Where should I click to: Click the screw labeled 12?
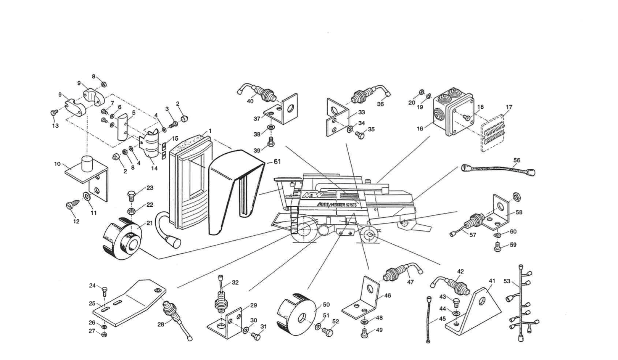[x=71, y=206]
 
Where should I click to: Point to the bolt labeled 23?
[x=131, y=198]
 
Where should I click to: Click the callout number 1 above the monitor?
[x=210, y=131]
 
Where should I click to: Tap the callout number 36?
[x=380, y=104]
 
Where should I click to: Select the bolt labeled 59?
[x=497, y=247]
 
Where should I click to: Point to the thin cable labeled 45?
[x=429, y=318]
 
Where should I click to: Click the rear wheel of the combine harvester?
[x=369, y=235]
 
